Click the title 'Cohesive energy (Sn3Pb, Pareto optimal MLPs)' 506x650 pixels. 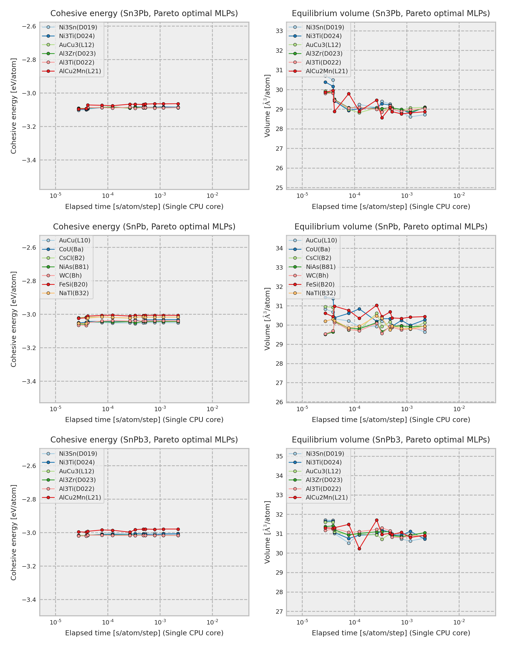click(144, 13)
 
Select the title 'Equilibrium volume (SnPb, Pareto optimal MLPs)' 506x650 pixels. click(391, 227)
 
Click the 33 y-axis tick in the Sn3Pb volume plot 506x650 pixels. click(279, 31)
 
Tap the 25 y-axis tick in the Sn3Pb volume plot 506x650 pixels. click(279, 188)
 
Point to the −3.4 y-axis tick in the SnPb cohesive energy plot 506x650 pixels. click(29, 381)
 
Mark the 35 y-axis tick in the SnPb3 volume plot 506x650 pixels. click(279, 456)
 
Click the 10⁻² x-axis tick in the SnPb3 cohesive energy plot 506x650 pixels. click(212, 622)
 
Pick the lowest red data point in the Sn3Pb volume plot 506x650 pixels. click(382, 118)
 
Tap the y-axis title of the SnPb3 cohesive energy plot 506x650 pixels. click(13, 533)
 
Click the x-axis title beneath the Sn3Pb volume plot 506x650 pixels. click(391, 207)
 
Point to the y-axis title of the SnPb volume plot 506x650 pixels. click(267, 319)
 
